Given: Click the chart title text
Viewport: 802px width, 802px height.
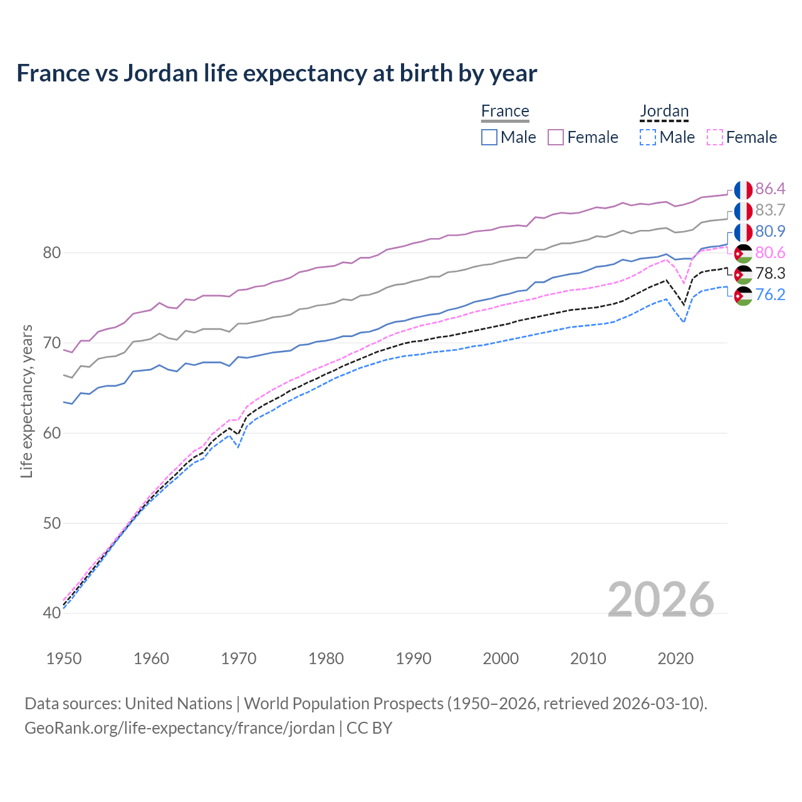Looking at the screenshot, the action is pos(276,73).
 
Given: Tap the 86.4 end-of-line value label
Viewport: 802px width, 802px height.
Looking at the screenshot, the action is pos(770,189).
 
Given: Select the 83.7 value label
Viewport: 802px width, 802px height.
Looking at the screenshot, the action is pos(770,210).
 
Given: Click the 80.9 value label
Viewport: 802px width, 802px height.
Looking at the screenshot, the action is pos(770,231).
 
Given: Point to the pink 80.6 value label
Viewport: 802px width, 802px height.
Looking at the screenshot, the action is pos(770,253).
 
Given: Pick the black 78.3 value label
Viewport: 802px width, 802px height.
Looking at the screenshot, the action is pos(770,273).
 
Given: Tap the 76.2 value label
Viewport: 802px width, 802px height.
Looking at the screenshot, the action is pos(770,294).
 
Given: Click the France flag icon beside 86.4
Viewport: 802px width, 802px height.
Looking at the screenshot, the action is pos(743,189).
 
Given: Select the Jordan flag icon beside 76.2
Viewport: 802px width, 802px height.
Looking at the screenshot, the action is pos(743,295).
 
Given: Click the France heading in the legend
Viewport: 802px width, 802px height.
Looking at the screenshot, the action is pos(505,111).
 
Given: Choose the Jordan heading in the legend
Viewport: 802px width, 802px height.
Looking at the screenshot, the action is pos(664,111).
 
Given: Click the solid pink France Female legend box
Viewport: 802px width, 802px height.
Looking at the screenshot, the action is pos(556,137).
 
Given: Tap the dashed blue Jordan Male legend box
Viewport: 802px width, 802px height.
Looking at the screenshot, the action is pos(648,137).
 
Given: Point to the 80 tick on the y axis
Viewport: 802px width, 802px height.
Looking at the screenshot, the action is pos(51,253).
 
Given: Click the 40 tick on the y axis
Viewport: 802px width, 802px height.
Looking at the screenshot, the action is pos(51,613).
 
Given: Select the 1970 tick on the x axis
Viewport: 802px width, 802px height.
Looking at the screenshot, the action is pos(239,659).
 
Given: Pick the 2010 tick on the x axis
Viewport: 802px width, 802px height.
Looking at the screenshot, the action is pos(588,659).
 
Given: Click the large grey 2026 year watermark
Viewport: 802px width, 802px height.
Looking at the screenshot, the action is pos(661,600).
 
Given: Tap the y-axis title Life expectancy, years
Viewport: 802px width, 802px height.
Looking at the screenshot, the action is pos(27,401).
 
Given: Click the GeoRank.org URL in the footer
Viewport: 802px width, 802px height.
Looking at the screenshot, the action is pos(179,728).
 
